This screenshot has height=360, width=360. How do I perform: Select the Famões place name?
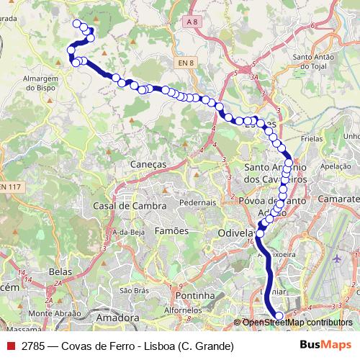pyautogui.click(x=172, y=230)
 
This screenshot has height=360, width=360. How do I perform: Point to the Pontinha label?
pyautogui.click(x=191, y=295)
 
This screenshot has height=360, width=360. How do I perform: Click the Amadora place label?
pyautogui.click(x=117, y=318)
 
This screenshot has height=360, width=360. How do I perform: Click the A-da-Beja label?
pyautogui.click(x=129, y=232)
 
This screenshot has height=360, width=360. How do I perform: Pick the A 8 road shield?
pyautogui.click(x=191, y=22)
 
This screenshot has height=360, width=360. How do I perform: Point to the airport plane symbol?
pyautogui.click(x=338, y=258)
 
